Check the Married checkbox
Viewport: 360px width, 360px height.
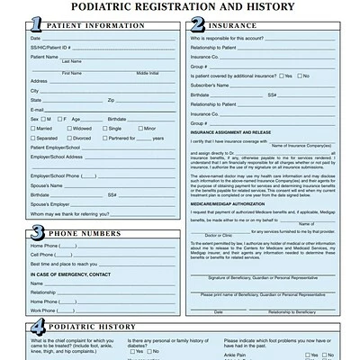[x=33, y=129]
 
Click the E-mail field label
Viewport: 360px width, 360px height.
[x=37, y=109]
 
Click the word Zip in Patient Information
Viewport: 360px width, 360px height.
[x=112, y=100]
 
